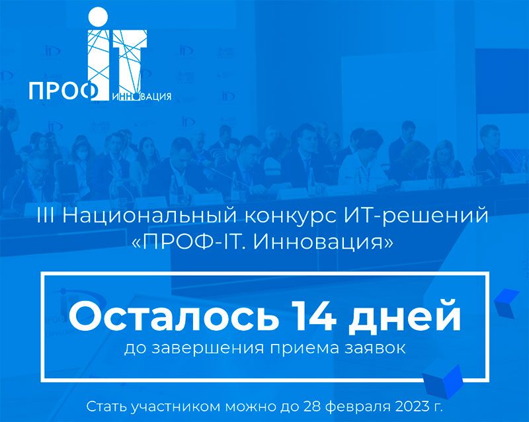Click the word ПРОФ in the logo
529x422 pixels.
pyautogui.click(x=63, y=91)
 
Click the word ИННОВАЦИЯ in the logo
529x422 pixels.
pyautogui.click(x=142, y=97)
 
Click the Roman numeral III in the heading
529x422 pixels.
pyautogui.click(x=46, y=216)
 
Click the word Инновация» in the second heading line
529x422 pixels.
pyautogui.click(x=323, y=242)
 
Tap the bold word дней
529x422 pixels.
pyautogui.click(x=405, y=317)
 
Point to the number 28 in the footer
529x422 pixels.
pyautogui.click(x=311, y=407)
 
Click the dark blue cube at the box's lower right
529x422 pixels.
pyautogui.click(x=444, y=382)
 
